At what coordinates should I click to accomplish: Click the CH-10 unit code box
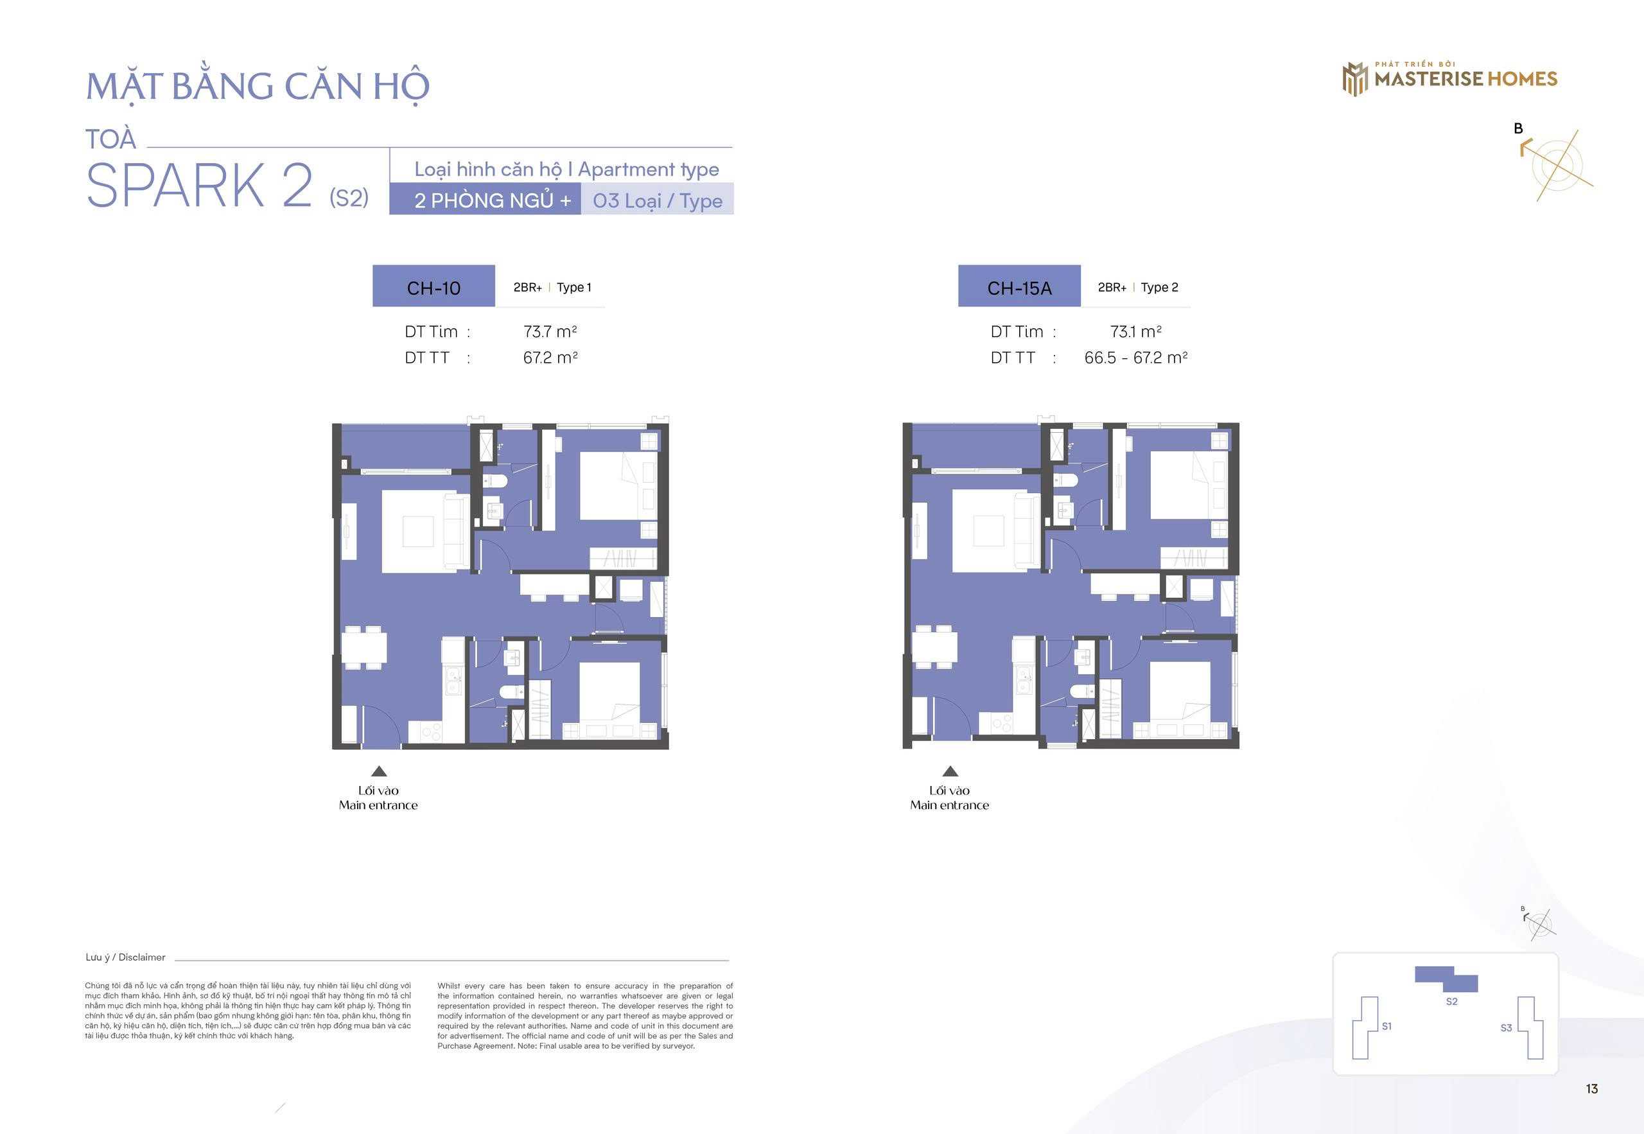coord(433,286)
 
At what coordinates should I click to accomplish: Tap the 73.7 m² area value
coord(550,332)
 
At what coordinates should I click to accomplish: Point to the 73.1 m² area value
coord(1135,332)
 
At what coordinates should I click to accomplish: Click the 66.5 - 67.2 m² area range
coord(1135,358)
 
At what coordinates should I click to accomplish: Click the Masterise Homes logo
coord(1449,78)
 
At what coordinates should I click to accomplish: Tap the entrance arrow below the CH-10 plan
coord(379,771)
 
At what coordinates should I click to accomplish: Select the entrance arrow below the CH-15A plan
coord(950,771)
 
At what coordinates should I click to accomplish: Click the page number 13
coord(1591,1088)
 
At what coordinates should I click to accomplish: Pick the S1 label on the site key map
coord(1386,1026)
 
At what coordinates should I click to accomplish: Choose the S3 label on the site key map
coord(1505,1027)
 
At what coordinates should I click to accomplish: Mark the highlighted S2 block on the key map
coord(1446,979)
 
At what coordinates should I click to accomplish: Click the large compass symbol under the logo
coord(1555,165)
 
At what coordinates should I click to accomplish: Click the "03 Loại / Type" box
coord(657,200)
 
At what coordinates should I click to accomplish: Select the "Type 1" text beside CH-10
coord(574,287)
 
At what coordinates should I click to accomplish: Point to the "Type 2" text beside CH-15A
coord(1159,287)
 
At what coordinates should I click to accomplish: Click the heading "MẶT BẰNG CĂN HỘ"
coord(257,87)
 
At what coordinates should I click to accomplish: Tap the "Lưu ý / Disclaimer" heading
coord(126,957)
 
